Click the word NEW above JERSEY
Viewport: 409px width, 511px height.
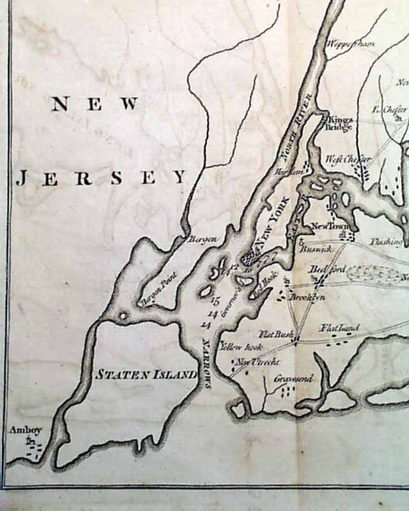pyautogui.click(x=95, y=103)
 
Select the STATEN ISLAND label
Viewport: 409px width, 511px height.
pyautogui.click(x=146, y=374)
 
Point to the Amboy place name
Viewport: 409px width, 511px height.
pyautogui.click(x=25, y=430)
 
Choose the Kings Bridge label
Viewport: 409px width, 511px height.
pyautogui.click(x=339, y=123)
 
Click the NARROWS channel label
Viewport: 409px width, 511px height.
pyautogui.click(x=206, y=362)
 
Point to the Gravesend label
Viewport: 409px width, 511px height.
pyautogui.click(x=293, y=378)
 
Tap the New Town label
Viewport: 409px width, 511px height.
pyautogui.click(x=327, y=226)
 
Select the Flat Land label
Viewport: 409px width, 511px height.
pyautogui.click(x=339, y=328)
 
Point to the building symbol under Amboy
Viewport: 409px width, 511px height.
pyautogui.click(x=29, y=440)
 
